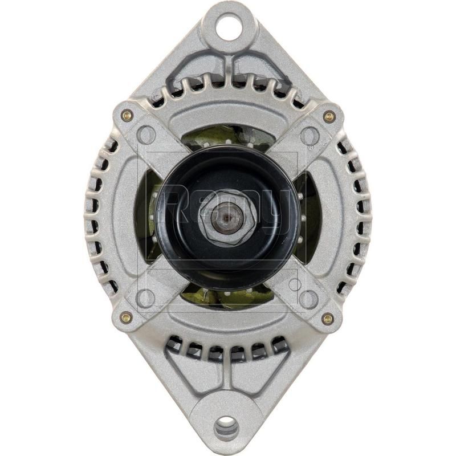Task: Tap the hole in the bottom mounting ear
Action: (x=226, y=427)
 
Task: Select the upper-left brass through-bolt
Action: (x=127, y=116)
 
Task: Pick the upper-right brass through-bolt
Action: (x=329, y=117)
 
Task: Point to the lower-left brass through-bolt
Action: (x=126, y=317)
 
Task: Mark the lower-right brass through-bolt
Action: (x=327, y=319)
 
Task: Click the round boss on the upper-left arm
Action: (x=146, y=135)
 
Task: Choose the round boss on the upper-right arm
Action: (x=310, y=136)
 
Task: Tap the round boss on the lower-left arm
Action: (x=146, y=298)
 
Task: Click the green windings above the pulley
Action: (x=228, y=136)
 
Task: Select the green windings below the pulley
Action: (x=228, y=296)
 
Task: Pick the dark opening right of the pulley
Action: (x=311, y=217)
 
